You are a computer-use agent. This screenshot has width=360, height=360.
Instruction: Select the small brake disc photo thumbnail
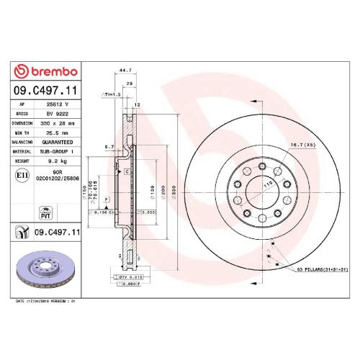click(47, 268)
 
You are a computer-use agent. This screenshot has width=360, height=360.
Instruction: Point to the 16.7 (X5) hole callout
click(301, 145)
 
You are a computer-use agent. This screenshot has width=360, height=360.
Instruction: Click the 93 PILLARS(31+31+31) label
click(318, 268)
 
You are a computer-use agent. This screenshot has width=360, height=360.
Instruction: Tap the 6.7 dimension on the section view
click(109, 146)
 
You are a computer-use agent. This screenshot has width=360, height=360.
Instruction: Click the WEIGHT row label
click(22, 162)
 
